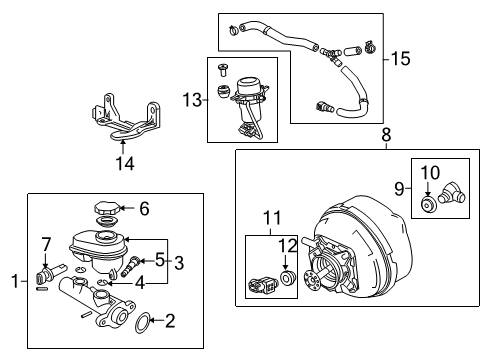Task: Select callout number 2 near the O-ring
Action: tap(169, 321)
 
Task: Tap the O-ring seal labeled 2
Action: tap(144, 322)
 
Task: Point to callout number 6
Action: tap(145, 208)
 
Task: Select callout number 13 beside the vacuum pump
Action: tap(193, 98)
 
